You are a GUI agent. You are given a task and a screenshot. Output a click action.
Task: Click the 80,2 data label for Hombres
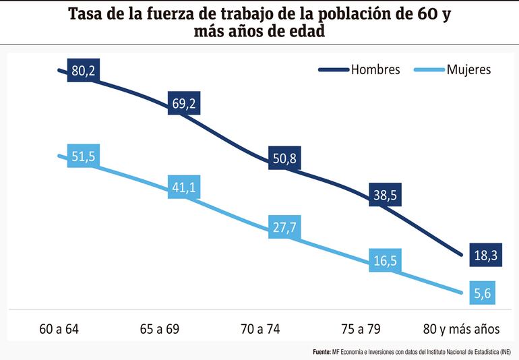point(84,71)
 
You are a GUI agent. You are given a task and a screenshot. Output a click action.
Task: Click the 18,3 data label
point(480,256)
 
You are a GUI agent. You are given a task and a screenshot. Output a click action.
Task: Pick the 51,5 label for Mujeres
point(84,157)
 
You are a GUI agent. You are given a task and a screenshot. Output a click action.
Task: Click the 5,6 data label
point(480,295)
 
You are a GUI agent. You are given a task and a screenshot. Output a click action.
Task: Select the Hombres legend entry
point(375,70)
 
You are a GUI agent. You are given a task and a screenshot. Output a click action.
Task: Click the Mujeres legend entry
point(468,70)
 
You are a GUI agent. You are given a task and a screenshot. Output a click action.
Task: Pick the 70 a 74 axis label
point(259,330)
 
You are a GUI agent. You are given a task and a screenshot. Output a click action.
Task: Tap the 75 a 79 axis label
point(360,330)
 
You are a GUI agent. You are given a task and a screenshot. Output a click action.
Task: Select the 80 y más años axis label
point(460,330)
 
